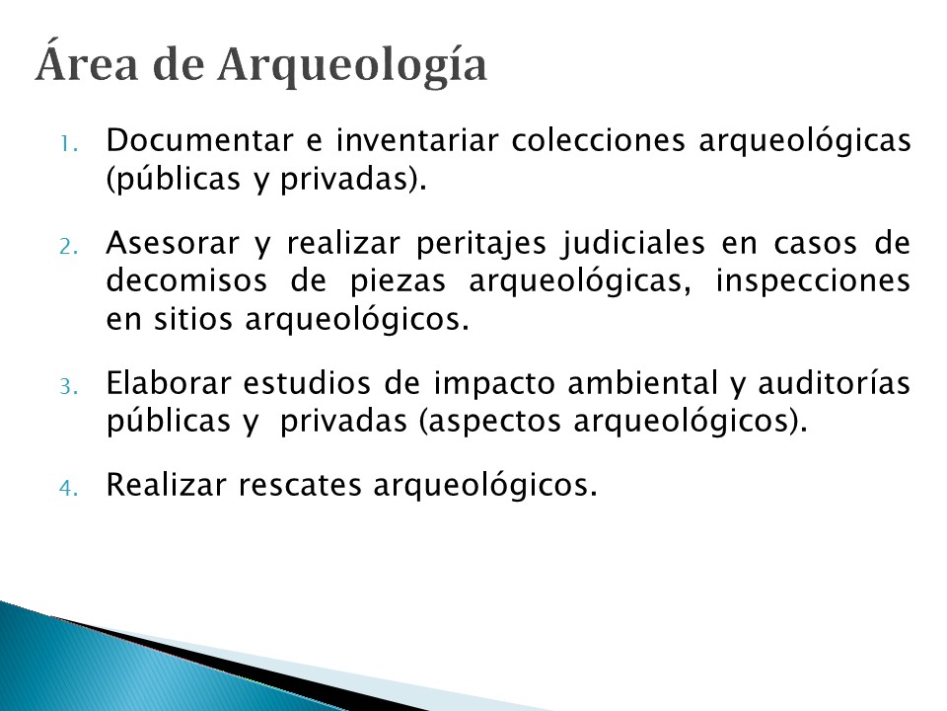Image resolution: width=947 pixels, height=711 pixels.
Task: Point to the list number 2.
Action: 68,247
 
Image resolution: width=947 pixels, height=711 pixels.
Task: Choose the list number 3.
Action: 68,386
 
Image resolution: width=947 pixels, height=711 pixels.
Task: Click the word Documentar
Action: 199,140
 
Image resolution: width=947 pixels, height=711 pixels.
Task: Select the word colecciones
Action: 599,140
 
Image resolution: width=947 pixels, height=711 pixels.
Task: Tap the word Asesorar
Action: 173,243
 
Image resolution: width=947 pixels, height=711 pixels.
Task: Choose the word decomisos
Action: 186,280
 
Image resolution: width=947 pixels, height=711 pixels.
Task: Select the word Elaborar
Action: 169,383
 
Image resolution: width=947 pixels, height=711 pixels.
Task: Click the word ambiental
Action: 643,383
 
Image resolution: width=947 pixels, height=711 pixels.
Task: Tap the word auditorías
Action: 835,383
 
